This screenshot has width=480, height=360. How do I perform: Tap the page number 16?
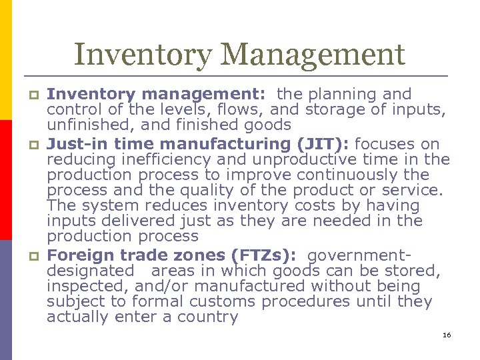447,335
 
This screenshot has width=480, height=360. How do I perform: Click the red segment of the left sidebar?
6,180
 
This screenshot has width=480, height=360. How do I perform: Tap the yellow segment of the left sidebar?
6,60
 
